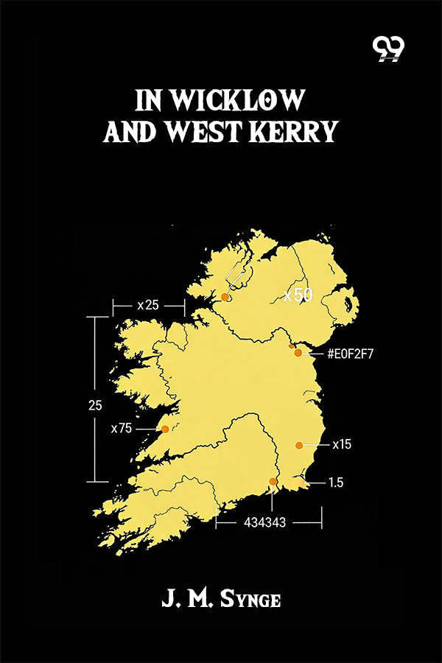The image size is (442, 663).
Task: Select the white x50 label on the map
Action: [298, 295]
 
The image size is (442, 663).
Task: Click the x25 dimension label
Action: [147, 305]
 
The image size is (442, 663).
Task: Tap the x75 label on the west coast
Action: [122, 428]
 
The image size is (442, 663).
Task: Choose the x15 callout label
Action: [342, 445]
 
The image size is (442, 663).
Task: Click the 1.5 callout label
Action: [336, 483]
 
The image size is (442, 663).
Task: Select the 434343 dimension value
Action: [264, 522]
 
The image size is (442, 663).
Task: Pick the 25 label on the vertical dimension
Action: [95, 405]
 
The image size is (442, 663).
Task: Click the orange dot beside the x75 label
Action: [165, 429]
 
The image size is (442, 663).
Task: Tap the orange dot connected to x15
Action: [299, 445]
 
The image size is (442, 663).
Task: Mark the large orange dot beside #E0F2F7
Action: [298, 353]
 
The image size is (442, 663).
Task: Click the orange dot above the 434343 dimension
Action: [273, 482]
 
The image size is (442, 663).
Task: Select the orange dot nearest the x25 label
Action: [225, 297]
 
